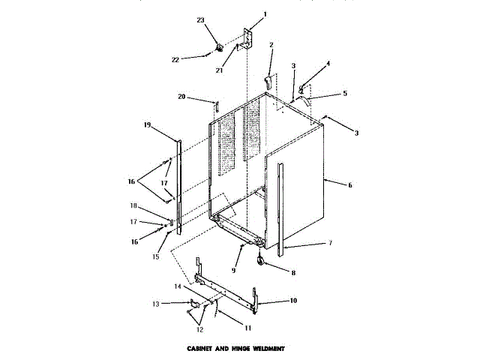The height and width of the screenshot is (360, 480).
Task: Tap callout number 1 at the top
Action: (x=264, y=14)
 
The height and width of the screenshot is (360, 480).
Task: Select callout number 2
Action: (x=271, y=45)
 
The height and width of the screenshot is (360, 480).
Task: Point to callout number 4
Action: (x=327, y=64)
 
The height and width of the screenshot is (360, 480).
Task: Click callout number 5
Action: (x=344, y=94)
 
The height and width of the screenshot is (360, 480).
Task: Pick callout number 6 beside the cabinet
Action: (x=349, y=184)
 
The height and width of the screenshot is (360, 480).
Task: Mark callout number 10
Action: (x=293, y=301)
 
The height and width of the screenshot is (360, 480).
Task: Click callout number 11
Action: (x=247, y=328)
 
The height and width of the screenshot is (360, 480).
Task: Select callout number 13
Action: (x=156, y=303)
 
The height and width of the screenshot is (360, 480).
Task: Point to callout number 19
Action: (x=148, y=124)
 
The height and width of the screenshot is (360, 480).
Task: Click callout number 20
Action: (x=181, y=97)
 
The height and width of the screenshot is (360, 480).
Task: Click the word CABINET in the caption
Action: (x=201, y=349)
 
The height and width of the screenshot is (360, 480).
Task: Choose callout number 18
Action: (x=154, y=205)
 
